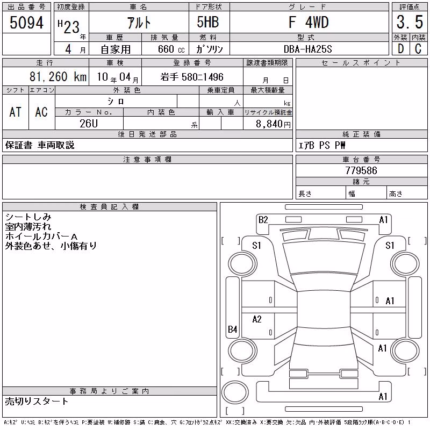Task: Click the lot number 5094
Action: point(26,23)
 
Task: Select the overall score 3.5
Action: point(410,22)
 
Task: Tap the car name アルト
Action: point(139,23)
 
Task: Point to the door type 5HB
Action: point(208,22)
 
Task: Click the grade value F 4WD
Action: point(309,22)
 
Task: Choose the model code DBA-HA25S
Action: point(307,49)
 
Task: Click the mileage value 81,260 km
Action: point(58,76)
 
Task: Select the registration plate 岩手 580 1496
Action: point(192,77)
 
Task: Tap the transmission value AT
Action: point(15,112)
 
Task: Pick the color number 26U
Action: point(89,124)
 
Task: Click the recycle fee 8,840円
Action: point(273,124)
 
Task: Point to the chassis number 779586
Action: point(361,170)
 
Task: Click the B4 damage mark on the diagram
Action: point(233,329)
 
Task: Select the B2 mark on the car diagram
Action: point(263,220)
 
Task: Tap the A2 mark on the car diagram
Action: point(257,319)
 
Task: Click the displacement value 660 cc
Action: point(171,49)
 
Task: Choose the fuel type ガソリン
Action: point(209,49)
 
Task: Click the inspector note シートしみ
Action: point(28,217)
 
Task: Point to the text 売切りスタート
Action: point(37,401)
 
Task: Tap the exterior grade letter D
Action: point(400,49)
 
